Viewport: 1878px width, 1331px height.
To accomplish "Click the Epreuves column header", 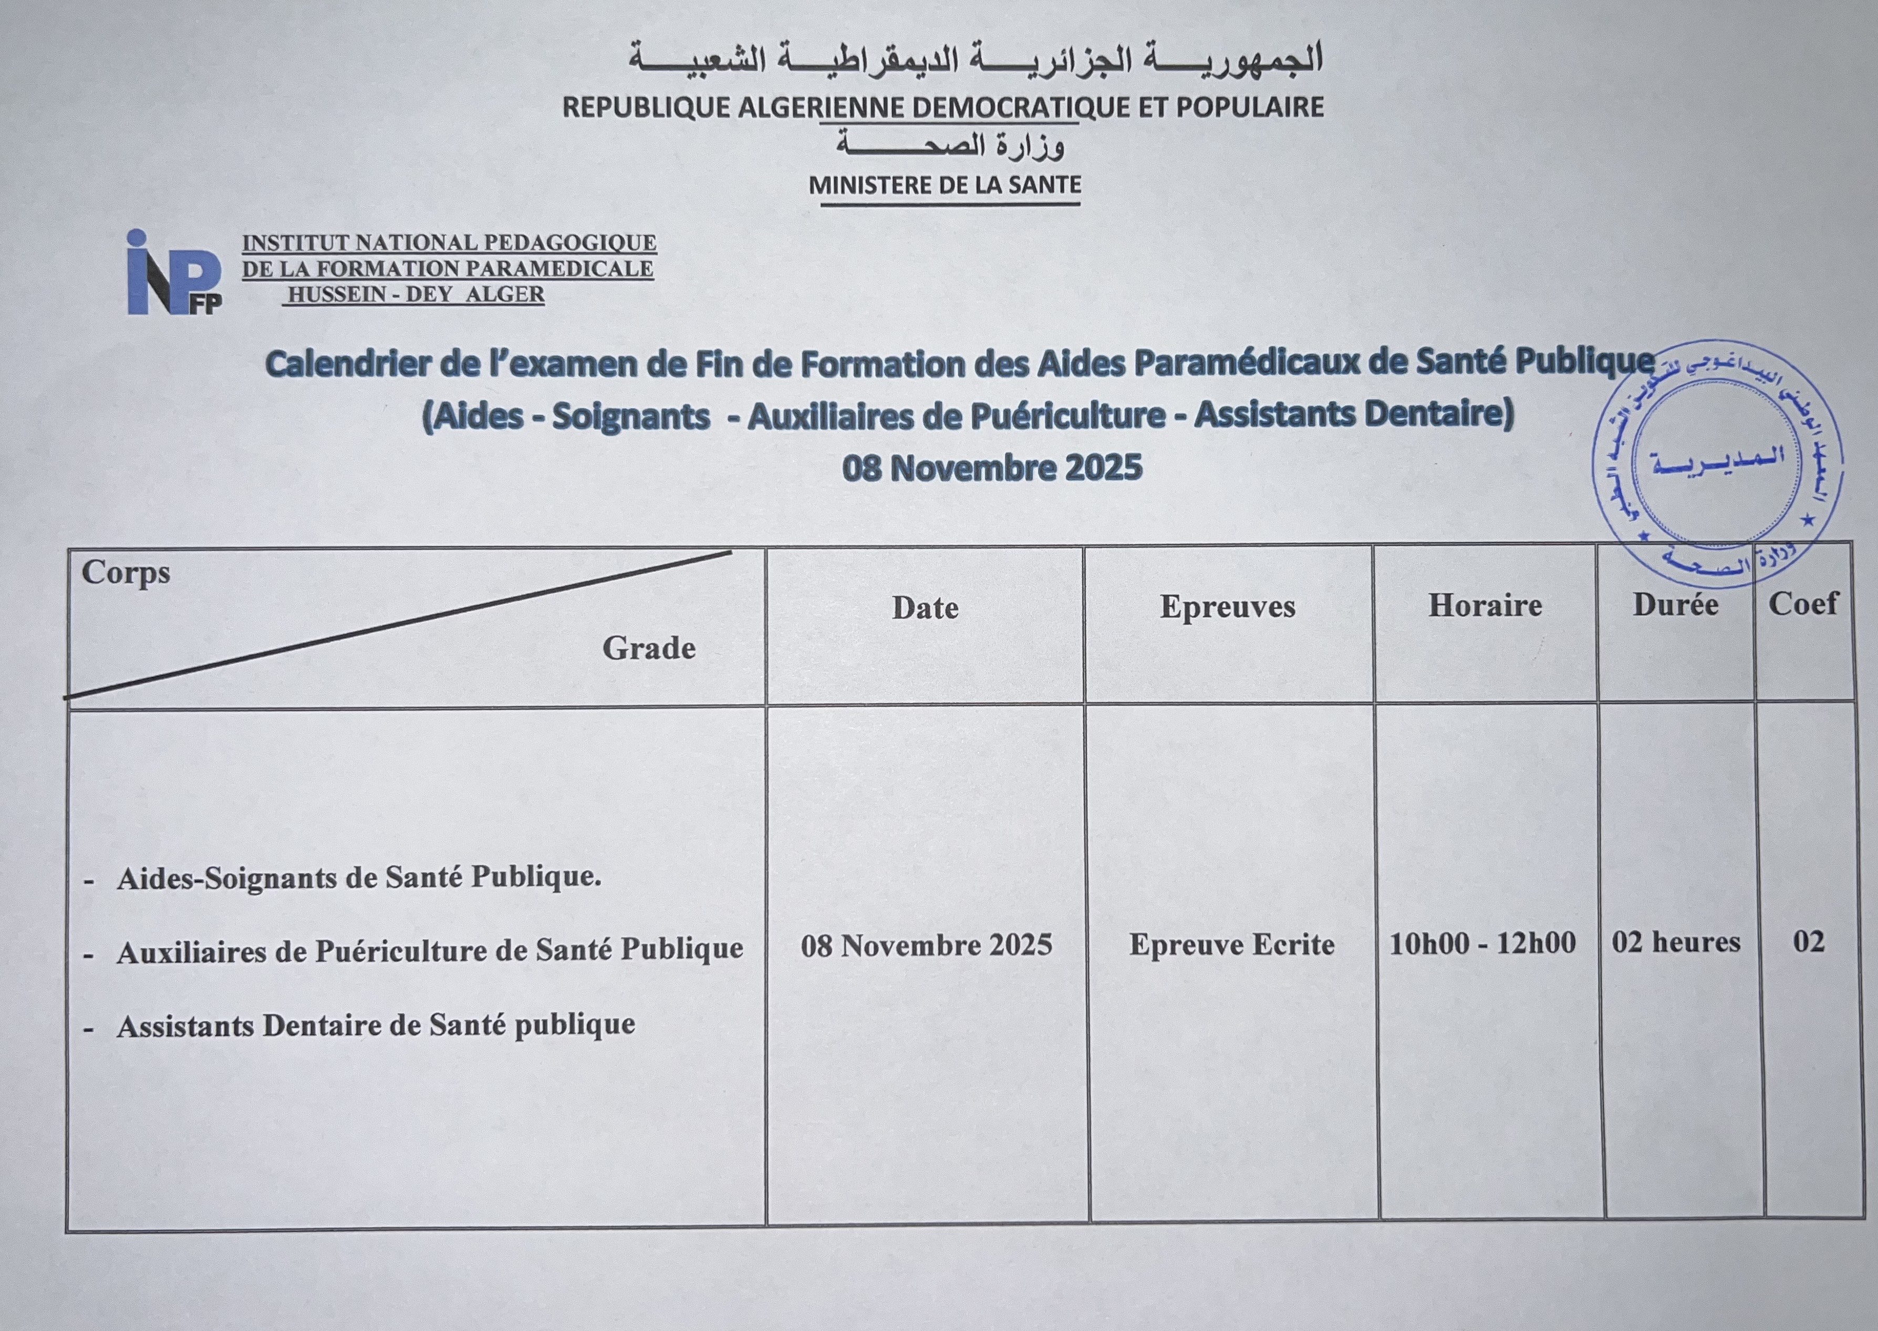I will tap(1228, 607).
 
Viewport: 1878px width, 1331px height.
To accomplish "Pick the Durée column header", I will tap(1675, 605).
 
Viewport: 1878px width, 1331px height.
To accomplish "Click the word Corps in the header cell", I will tap(126, 572).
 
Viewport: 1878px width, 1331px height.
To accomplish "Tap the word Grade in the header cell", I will tap(649, 648).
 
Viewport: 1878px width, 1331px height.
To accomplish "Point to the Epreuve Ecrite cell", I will tap(1232, 944).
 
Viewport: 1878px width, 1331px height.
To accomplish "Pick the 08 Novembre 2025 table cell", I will tap(927, 945).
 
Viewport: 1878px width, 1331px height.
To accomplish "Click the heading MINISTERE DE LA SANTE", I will tap(945, 185).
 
